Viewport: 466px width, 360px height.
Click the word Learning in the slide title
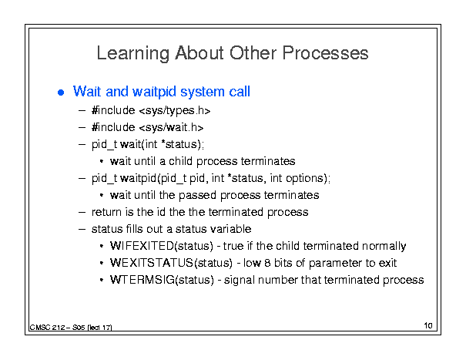(132, 54)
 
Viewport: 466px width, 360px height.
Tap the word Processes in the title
(325, 53)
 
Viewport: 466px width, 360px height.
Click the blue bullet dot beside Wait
(61, 93)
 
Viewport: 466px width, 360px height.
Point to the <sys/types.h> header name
(175, 111)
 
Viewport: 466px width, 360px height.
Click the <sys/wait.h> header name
(171, 128)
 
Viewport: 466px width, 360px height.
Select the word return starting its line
(107, 212)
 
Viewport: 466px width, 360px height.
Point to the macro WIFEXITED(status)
(162, 246)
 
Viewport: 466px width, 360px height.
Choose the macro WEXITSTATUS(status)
(171, 263)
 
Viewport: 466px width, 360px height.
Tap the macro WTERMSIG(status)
(162, 280)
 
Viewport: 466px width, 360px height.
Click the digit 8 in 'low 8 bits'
(267, 263)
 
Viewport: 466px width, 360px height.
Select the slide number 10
(428, 325)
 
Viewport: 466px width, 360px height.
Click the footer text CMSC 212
(47, 328)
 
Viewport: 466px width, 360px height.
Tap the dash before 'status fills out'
(82, 230)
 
